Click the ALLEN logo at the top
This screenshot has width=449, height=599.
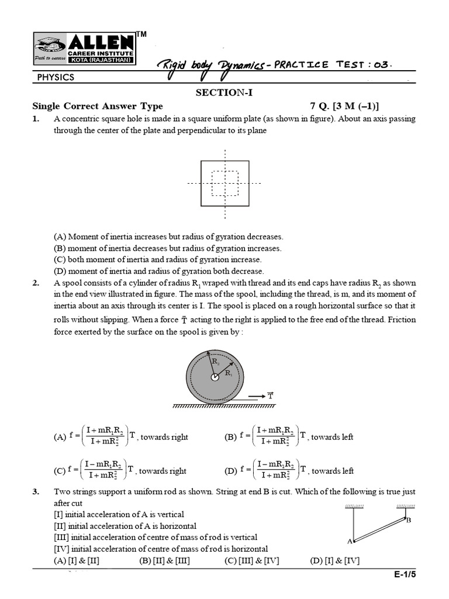84,49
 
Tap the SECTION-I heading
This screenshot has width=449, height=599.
224,92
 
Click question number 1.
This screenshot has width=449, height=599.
36,119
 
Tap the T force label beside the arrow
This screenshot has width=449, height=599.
270,395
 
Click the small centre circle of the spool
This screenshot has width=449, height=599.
215,377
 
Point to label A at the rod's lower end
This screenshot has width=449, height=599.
350,541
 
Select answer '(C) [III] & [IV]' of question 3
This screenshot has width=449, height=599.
251,560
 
